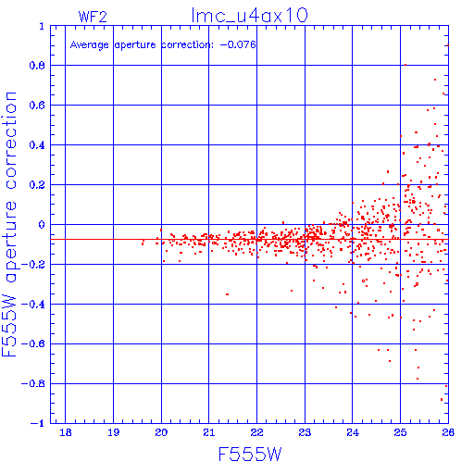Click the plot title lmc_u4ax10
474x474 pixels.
pos(250,16)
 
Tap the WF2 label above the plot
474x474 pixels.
pos(93,17)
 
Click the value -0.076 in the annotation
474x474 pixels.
pos(238,44)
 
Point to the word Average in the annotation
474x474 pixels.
pos(90,45)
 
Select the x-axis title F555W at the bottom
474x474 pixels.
pos(250,455)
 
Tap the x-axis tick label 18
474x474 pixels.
pos(66,432)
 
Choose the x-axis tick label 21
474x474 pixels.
pos(209,432)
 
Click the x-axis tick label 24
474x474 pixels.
pos(353,432)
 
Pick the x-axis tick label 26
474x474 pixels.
pos(448,432)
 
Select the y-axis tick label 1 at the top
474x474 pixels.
pos(42,26)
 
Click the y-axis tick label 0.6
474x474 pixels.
pos(37,106)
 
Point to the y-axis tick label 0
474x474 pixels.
pos(42,225)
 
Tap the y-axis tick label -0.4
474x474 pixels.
pos(32,305)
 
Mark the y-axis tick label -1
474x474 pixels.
pos(37,423)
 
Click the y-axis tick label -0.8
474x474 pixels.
pos(32,383)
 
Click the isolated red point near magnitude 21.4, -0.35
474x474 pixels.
pos(227,294)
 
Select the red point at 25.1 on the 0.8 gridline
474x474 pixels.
pos(405,65)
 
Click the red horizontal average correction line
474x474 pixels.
pos(249,239)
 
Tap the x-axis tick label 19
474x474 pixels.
pos(113,432)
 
